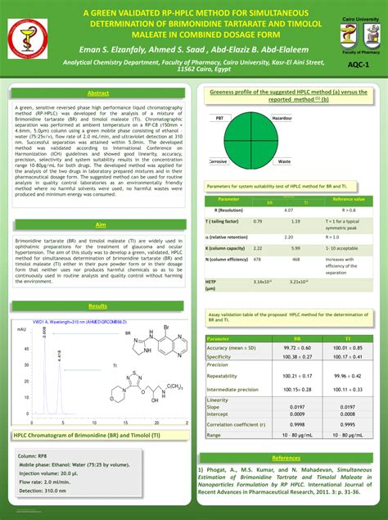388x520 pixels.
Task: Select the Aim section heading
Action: [x=99, y=224]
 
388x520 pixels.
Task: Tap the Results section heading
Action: [x=98, y=305]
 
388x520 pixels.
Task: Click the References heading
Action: [x=286, y=458]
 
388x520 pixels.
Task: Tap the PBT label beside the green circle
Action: [x=219, y=119]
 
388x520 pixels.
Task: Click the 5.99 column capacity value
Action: [x=295, y=247]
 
